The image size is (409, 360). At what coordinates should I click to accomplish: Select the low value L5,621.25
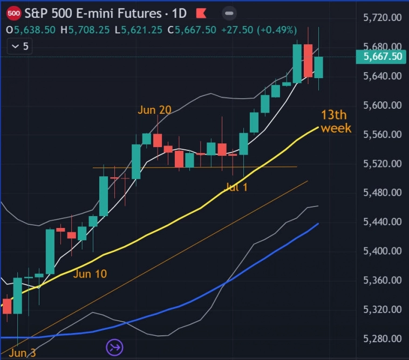(138, 30)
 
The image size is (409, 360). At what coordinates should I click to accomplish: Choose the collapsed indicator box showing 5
(20, 47)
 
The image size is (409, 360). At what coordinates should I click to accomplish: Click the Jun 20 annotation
(154, 110)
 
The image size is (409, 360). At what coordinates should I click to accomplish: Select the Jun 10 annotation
(90, 274)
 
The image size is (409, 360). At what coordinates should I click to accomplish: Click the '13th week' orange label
(336, 121)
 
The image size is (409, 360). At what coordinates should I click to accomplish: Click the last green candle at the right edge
(318, 67)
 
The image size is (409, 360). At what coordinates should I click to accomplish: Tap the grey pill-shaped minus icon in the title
(229, 13)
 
